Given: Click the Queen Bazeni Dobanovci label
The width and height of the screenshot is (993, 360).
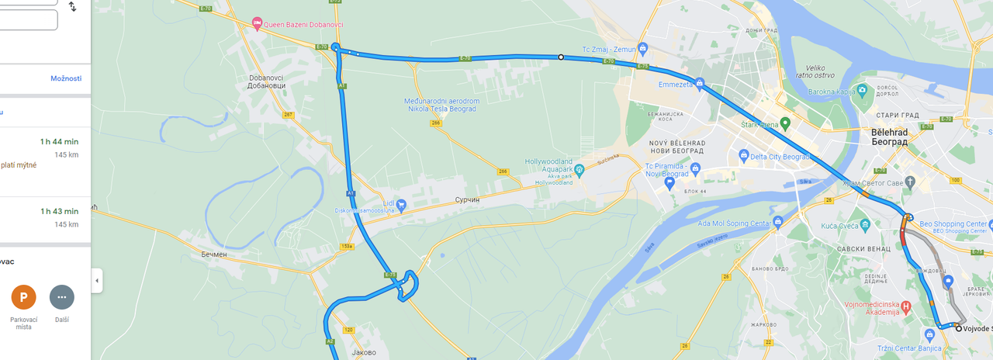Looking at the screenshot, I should point(299,24).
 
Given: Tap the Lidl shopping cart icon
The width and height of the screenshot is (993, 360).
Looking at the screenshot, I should point(401,203).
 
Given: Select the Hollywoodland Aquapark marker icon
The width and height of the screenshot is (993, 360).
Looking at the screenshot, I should point(579,169).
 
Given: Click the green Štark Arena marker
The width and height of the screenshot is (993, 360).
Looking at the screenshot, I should point(784,123).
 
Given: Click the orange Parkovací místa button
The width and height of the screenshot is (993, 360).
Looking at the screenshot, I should point(23,297).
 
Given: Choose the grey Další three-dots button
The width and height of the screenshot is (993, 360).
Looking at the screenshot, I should point(62,297).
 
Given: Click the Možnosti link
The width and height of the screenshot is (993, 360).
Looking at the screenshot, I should point(66,78).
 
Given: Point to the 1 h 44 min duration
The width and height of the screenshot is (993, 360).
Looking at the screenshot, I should point(59,141).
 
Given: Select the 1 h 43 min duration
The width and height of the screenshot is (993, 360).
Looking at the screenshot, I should point(59,211).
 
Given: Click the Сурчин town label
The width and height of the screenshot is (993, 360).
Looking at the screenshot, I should point(469,199).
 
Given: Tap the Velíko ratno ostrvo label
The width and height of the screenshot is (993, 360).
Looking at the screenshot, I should point(824,71).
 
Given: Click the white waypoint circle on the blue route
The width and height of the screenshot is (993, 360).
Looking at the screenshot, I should point(561,57).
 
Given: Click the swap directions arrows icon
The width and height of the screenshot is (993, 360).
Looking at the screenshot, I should point(72,7).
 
